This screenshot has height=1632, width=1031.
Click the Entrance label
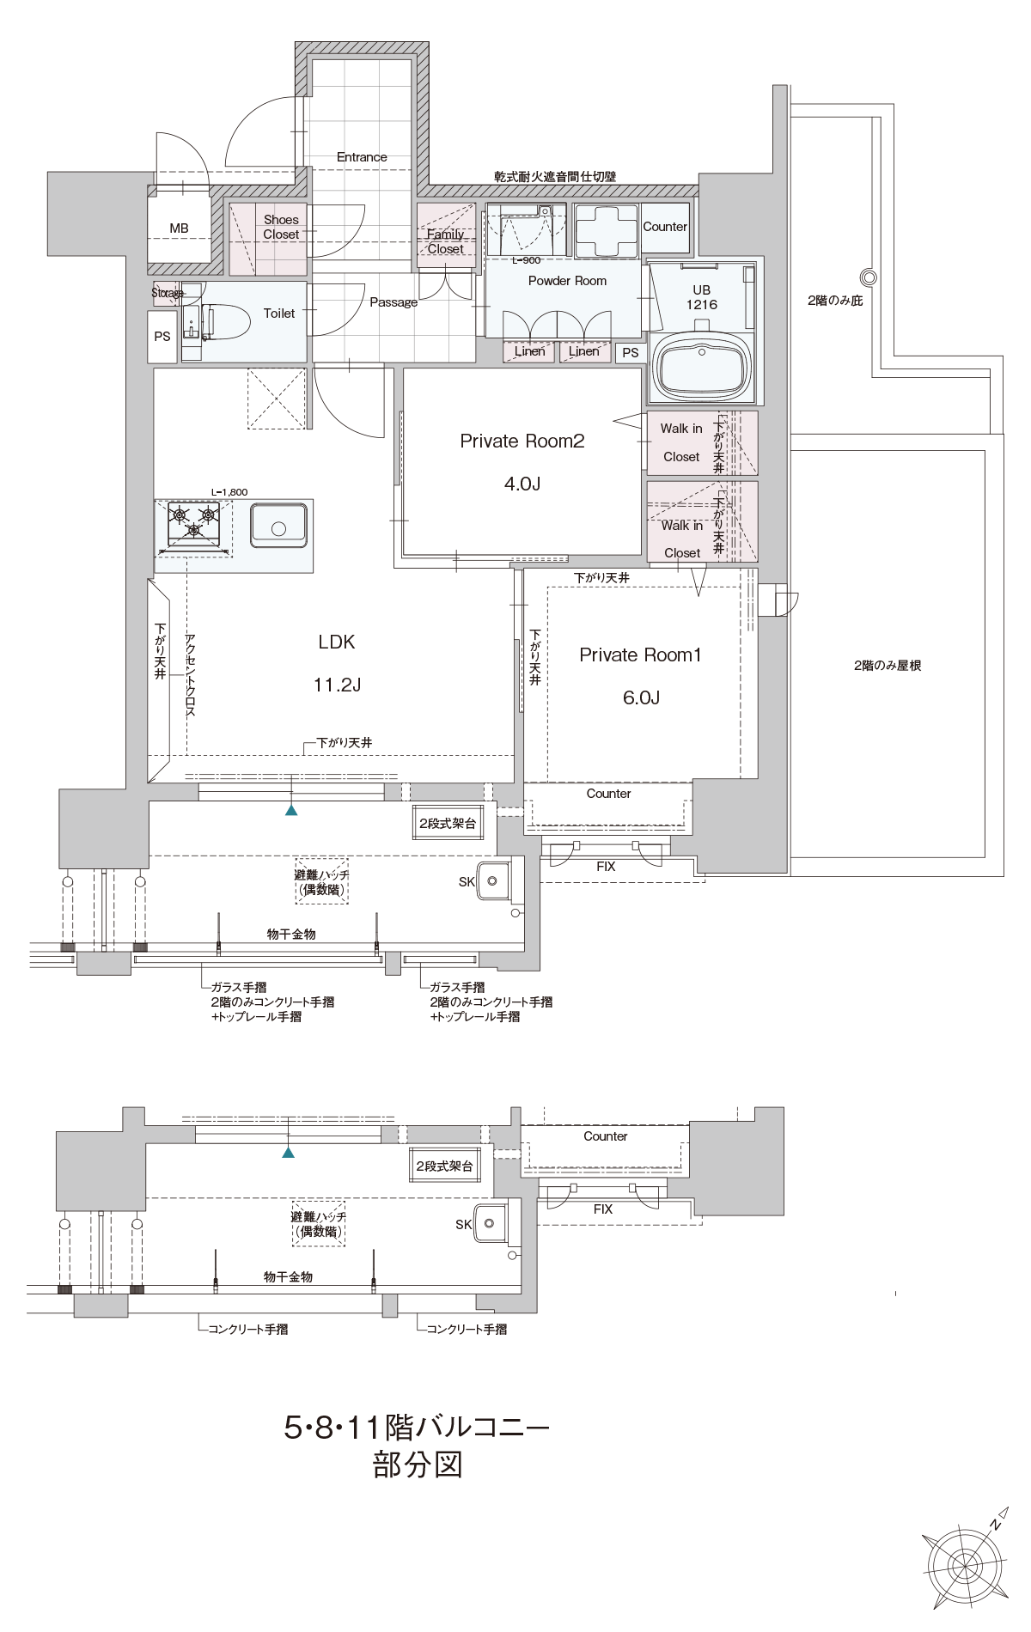click(362, 157)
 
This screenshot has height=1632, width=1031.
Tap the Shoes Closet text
click(281, 227)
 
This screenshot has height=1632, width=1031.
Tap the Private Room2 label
click(522, 441)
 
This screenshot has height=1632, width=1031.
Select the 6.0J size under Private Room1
click(641, 697)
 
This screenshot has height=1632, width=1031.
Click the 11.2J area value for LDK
click(337, 685)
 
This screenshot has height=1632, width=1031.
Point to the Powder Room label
click(567, 281)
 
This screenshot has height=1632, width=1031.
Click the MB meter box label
click(179, 228)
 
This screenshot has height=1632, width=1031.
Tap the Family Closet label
click(445, 241)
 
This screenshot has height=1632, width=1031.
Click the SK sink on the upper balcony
click(493, 880)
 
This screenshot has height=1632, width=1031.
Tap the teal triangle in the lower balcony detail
click(289, 1152)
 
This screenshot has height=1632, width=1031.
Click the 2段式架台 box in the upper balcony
click(448, 823)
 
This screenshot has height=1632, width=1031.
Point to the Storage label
click(168, 293)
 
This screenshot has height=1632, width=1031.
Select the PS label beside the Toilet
click(162, 337)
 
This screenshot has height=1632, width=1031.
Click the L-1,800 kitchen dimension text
click(229, 492)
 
